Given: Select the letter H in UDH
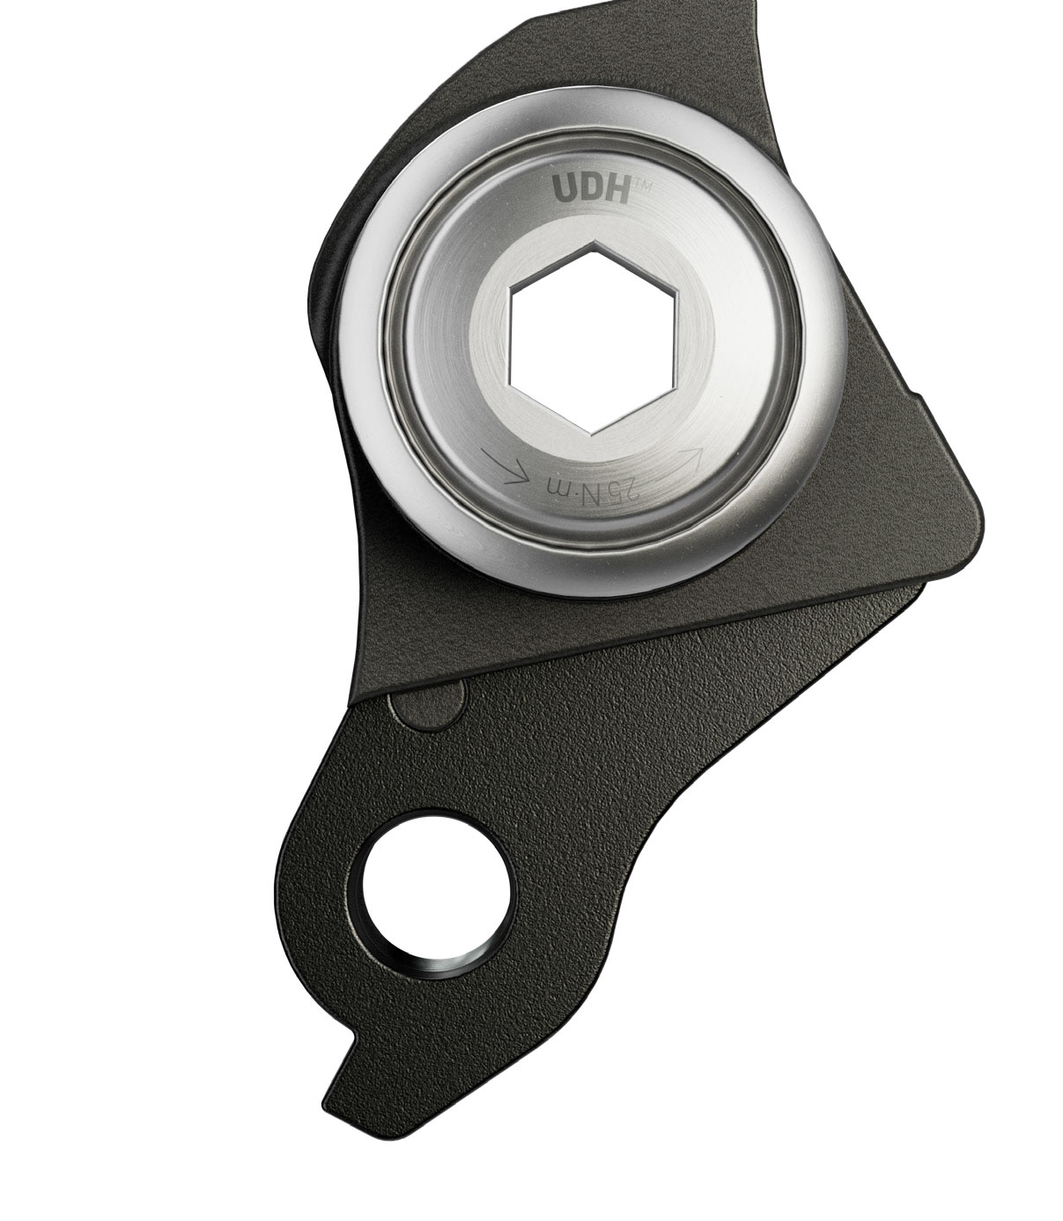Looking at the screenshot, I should point(616,189).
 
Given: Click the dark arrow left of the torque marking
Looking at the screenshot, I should point(506,467).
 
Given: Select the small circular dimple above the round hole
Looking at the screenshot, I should point(429,702).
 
